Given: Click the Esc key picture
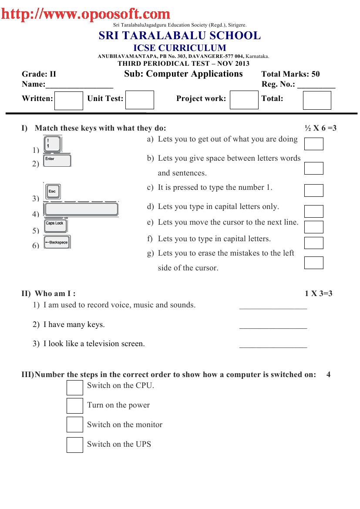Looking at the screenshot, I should [x=53, y=191].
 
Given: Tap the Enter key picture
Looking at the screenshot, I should [x=57, y=160].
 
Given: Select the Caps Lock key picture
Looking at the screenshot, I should [x=55, y=225].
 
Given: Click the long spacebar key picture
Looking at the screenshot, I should [x=81, y=209].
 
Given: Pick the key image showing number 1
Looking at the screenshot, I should [x=53, y=144].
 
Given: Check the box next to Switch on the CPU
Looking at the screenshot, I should [x=74, y=387].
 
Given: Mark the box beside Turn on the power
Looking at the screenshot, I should [x=74, y=405].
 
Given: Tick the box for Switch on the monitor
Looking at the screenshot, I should [x=74, y=425].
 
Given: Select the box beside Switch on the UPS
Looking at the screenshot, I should [x=74, y=445].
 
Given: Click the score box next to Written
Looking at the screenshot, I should [x=68, y=101].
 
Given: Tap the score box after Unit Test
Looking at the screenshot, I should [x=140, y=100].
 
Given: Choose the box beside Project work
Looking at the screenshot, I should [x=244, y=100].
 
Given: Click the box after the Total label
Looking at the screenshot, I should [x=316, y=101].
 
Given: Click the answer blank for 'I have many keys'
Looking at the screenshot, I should [x=273, y=326].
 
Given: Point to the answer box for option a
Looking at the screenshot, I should [x=313, y=144].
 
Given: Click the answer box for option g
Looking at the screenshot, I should [x=313, y=263].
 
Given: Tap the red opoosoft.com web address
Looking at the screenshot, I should [x=85, y=14].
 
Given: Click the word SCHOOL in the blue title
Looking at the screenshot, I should [x=234, y=36].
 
